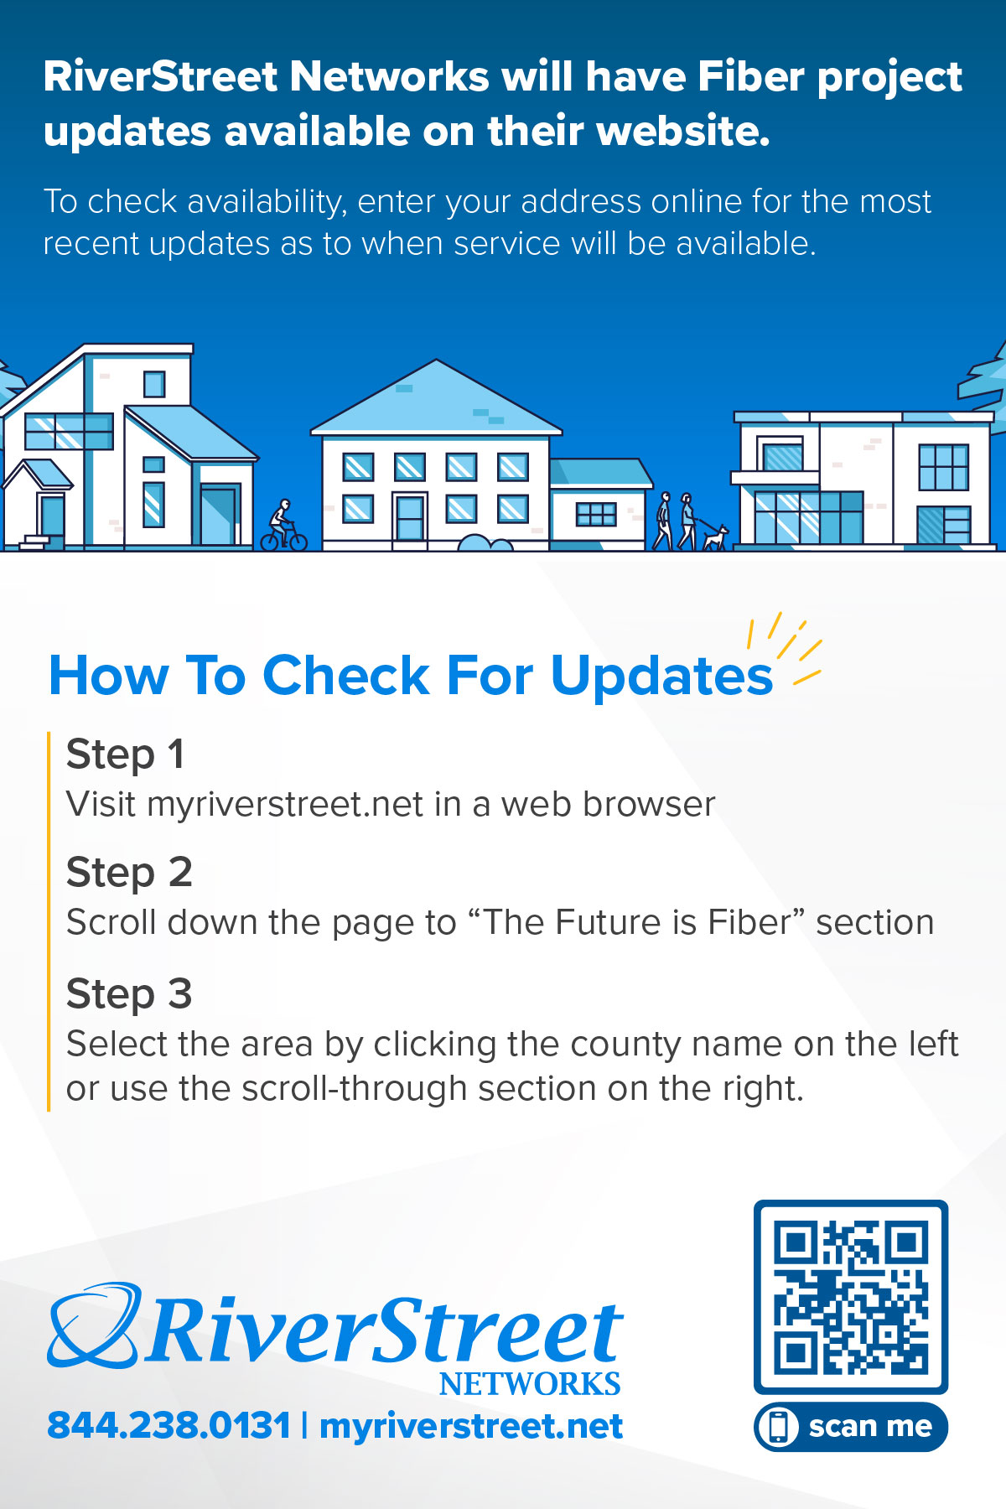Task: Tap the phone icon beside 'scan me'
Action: pos(779,1427)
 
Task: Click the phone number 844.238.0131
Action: pos(169,1426)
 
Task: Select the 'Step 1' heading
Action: pos(125,754)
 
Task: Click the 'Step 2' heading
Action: pos(129,872)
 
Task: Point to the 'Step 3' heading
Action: pos(129,993)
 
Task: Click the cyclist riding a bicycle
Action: pos(283,526)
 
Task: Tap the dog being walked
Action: pos(715,537)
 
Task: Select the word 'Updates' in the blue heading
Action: pos(661,675)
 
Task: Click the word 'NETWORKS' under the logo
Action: pos(530,1384)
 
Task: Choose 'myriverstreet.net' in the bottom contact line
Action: pos(471,1426)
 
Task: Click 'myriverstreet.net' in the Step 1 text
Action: pos(285,804)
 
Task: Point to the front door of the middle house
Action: pos(410,518)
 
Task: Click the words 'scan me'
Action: pos(870,1426)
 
